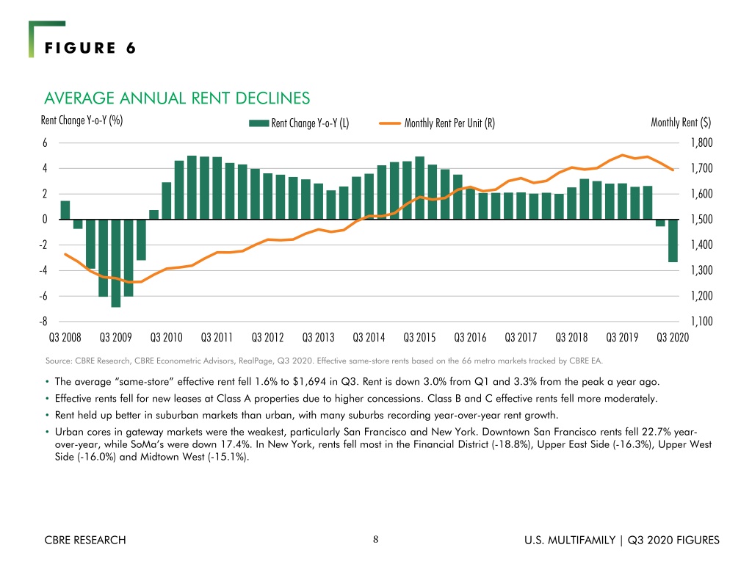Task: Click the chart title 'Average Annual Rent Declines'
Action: pos(177,98)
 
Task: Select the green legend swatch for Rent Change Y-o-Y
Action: pos(258,123)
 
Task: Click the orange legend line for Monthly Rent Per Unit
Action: pos(390,123)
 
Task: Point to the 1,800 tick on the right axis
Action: pos(701,142)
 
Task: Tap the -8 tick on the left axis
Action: pos(43,322)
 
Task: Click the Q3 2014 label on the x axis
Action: pos(369,338)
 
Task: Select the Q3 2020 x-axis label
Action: pos(673,338)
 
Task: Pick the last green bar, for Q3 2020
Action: pos(673,241)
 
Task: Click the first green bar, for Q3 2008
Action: pos(65,210)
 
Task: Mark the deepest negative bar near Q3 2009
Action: pos(115,264)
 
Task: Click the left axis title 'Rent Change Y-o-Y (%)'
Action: pos(82,120)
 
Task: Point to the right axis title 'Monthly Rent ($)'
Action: pos(681,123)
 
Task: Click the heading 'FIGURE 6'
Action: pos(90,48)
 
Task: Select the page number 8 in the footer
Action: pos(375,540)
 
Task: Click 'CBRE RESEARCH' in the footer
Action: pos(85,540)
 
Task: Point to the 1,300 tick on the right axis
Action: pos(701,270)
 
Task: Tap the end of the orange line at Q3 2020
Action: pos(673,170)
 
